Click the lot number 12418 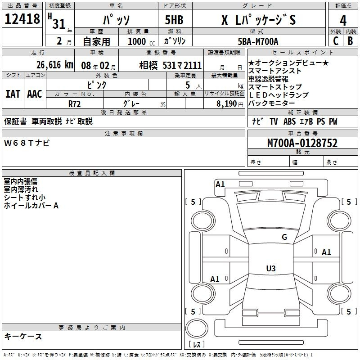click(22, 19)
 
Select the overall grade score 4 click(343, 21)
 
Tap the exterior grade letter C click(336, 41)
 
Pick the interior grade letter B click(350, 41)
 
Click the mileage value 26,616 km click(55, 65)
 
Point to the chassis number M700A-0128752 click(302, 143)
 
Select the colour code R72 click(74, 104)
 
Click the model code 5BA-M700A click(258, 41)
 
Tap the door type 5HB click(174, 20)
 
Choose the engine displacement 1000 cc click(141, 41)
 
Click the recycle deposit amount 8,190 click(226, 104)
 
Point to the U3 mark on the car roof click(271, 268)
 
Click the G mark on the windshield click(284, 237)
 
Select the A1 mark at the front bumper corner click(220, 184)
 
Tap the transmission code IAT click(13, 94)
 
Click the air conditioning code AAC click(35, 94)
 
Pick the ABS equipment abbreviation click(289, 121)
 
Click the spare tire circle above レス click(197, 328)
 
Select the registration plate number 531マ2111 click(182, 65)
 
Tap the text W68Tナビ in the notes click(27, 143)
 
